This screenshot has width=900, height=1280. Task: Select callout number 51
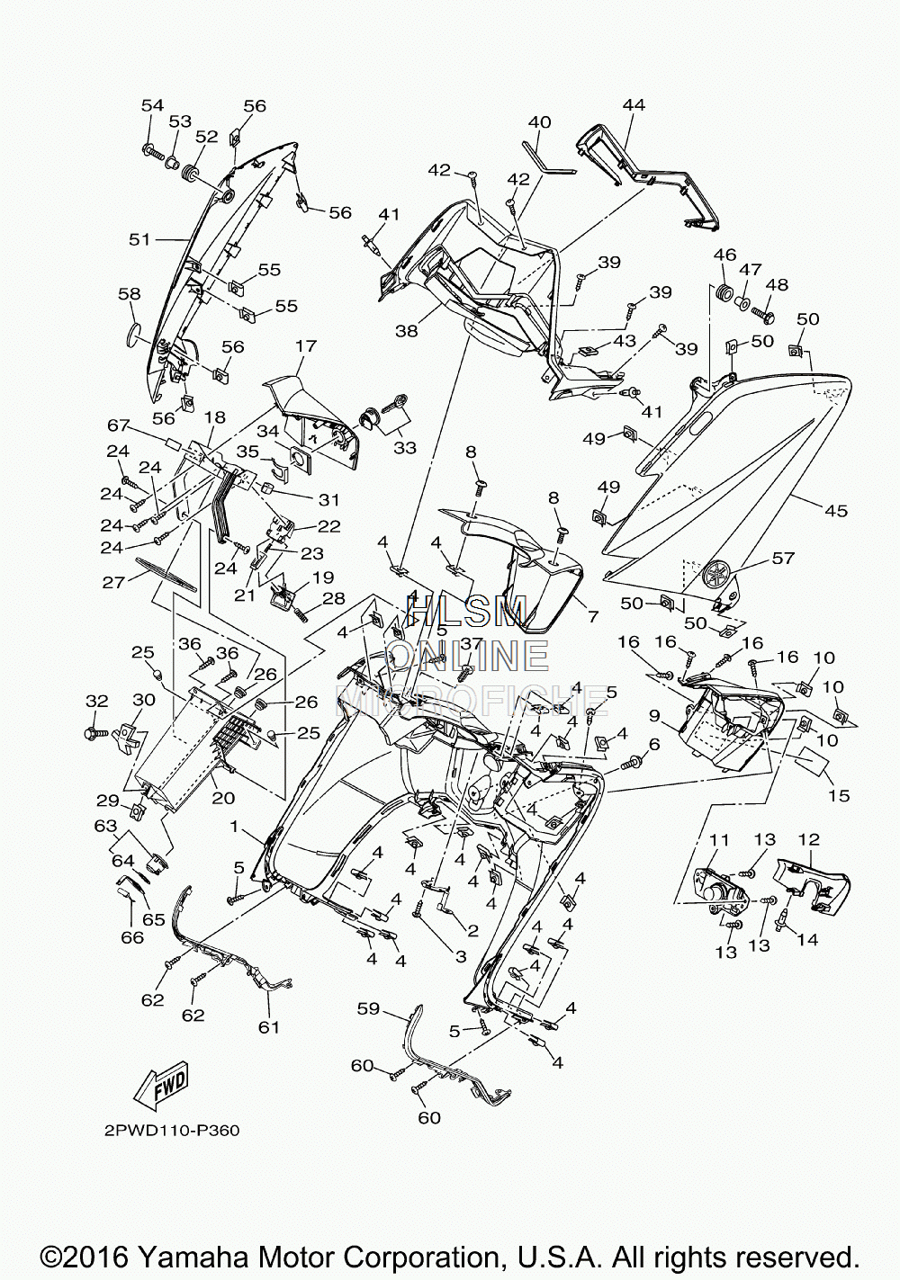(x=139, y=239)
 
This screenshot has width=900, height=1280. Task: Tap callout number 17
(x=307, y=345)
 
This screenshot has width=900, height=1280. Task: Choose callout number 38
(x=407, y=330)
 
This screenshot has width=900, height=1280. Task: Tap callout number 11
(x=720, y=839)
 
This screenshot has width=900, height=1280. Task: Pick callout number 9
(x=654, y=714)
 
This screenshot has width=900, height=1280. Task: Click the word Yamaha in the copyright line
(x=196, y=1258)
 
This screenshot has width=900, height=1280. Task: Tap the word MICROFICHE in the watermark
(x=471, y=700)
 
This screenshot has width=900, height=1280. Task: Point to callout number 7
(x=593, y=616)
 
